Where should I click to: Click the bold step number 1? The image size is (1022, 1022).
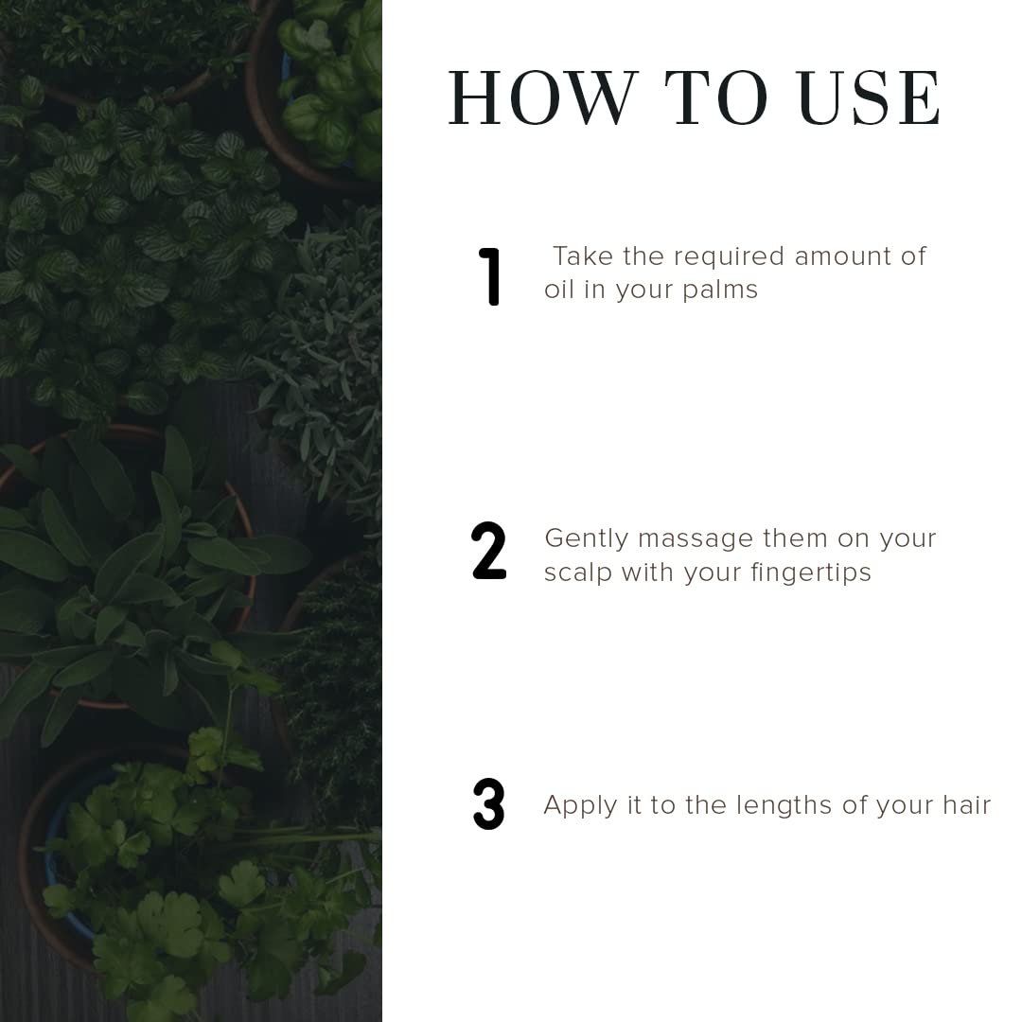489,276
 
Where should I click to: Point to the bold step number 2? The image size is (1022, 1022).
489,552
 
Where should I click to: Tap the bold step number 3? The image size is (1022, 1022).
489,804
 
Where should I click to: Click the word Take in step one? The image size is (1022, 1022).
583,256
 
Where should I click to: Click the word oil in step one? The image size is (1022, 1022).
558,290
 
